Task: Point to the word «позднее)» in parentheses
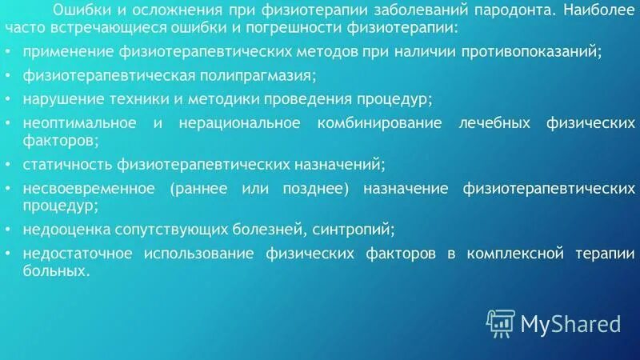(x=319, y=189)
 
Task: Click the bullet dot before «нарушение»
(x=9, y=101)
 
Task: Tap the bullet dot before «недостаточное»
(x=9, y=254)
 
